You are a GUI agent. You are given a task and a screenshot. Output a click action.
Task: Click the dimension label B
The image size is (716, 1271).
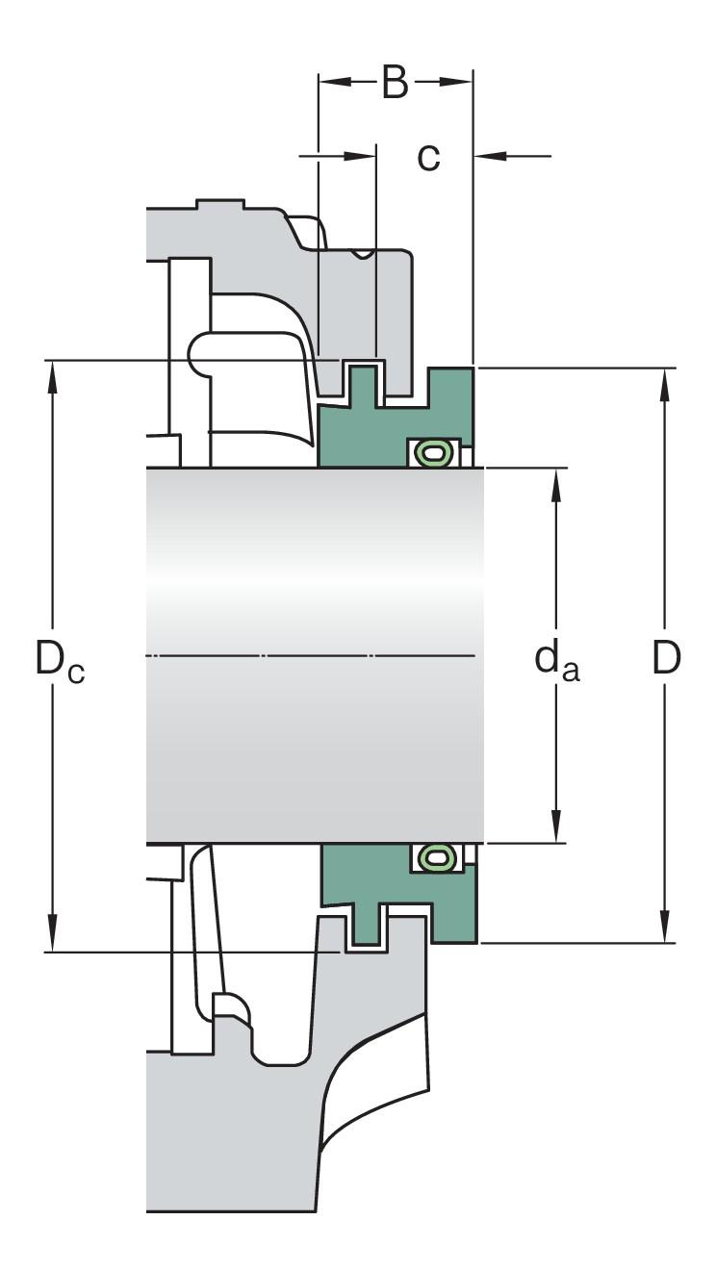pyautogui.click(x=395, y=83)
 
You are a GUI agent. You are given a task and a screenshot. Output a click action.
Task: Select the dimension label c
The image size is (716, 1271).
pyautogui.click(x=428, y=156)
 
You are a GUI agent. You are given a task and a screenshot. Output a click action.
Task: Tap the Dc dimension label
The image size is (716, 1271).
pyautogui.click(x=60, y=661)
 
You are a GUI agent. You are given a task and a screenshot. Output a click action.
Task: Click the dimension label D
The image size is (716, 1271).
pyautogui.click(x=666, y=658)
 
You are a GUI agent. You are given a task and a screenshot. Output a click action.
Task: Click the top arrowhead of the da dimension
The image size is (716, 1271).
pyautogui.click(x=555, y=482)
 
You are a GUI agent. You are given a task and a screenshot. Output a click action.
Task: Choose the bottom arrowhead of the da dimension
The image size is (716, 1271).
pyautogui.click(x=555, y=829)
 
